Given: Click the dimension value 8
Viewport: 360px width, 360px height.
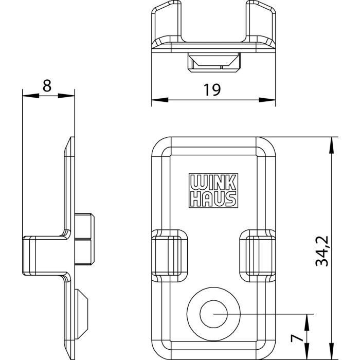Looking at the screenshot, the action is click(x=47, y=86).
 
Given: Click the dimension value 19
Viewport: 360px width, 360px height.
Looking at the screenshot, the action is click(x=212, y=90).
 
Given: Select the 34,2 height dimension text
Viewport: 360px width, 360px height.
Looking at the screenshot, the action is click(x=322, y=251).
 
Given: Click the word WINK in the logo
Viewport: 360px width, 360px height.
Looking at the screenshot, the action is click(x=213, y=182).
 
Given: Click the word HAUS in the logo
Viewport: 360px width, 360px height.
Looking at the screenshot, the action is click(x=213, y=199).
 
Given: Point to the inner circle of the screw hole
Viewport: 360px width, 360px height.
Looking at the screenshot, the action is click(x=213, y=314).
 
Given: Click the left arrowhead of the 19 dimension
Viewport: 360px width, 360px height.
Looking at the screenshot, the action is click(x=160, y=100).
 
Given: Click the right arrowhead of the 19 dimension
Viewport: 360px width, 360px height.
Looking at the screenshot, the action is click(x=267, y=100).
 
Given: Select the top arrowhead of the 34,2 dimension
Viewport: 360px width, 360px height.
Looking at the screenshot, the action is click(x=331, y=145).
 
